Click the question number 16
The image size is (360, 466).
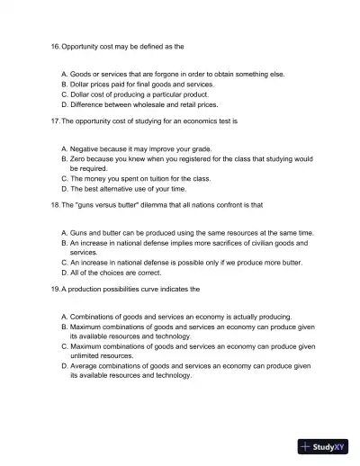(x=55, y=45)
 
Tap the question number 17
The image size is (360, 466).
(x=55, y=121)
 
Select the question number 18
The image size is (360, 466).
(x=55, y=205)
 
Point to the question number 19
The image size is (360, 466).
(x=55, y=290)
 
